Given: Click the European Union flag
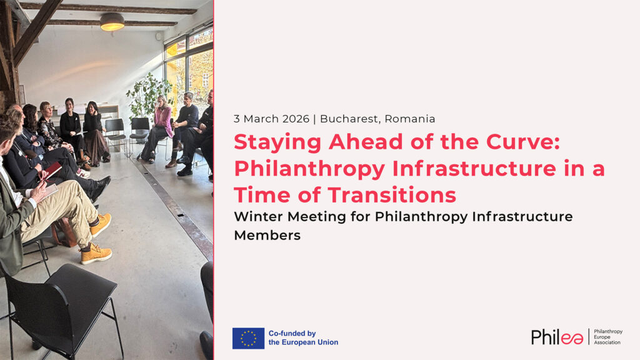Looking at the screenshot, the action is click(x=248, y=338).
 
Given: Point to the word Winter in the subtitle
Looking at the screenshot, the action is click(x=259, y=216).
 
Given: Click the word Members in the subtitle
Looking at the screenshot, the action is click(x=267, y=235).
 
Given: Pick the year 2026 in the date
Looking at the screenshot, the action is click(x=296, y=119).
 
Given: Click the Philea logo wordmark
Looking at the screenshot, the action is click(x=557, y=337).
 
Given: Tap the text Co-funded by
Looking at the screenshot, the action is click(x=292, y=334).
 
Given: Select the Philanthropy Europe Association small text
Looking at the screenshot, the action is click(x=607, y=337).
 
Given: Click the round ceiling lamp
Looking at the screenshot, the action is click(x=112, y=22).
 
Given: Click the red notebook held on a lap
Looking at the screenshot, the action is click(x=52, y=170).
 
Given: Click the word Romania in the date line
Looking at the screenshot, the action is click(x=410, y=119).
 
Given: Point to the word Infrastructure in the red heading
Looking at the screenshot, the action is click(x=474, y=168).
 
